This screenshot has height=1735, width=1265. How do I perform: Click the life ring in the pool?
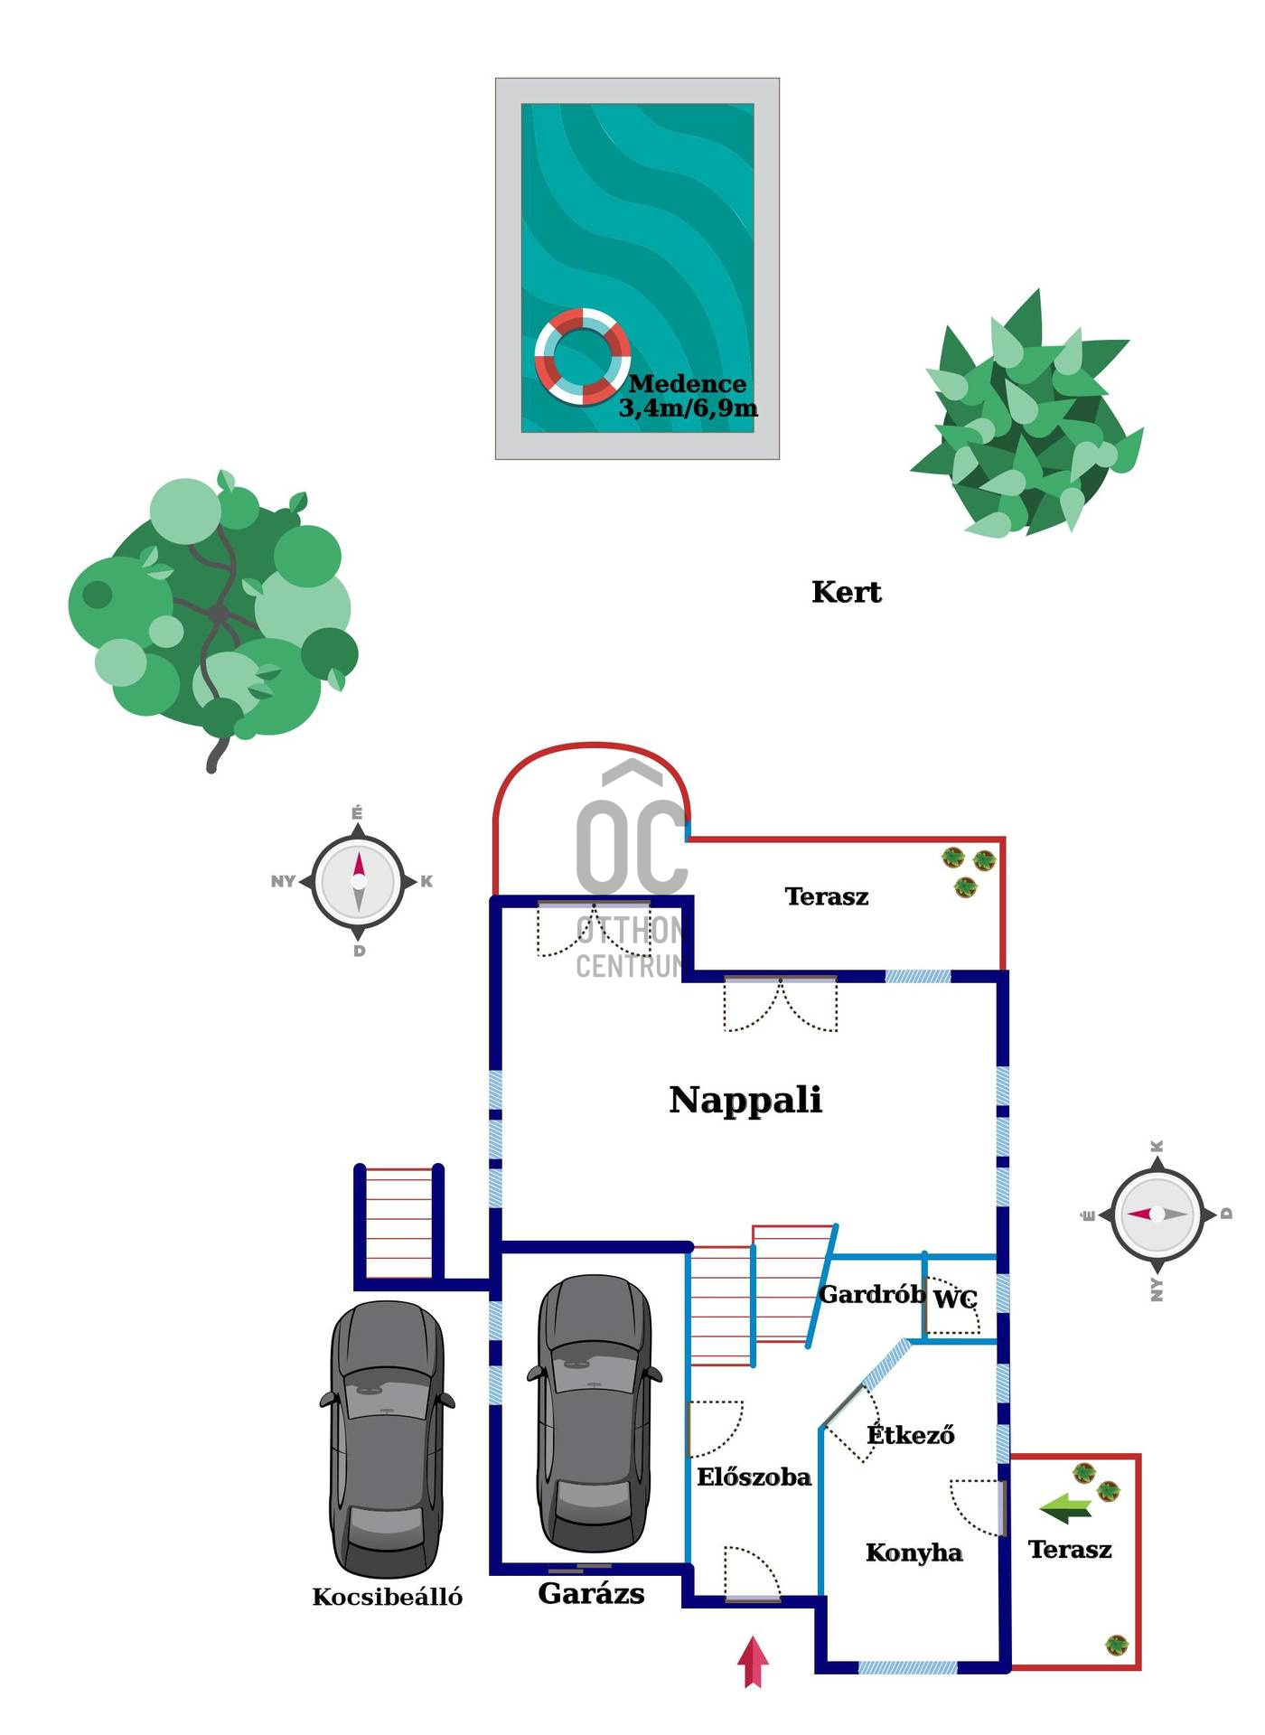pyautogui.click(x=582, y=357)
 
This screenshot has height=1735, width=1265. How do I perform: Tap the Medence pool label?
pyautogui.click(x=688, y=384)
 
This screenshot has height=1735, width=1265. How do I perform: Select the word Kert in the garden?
pyautogui.click(x=846, y=592)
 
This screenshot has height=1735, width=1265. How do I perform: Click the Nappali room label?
pyautogui.click(x=745, y=1100)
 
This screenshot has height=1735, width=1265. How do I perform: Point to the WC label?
pyautogui.click(x=954, y=1299)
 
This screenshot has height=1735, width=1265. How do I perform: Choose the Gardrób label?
pyautogui.click(x=871, y=1294)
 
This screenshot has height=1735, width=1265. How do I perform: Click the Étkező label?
pyautogui.click(x=910, y=1435)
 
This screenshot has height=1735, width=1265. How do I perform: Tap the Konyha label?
pyautogui.click(x=914, y=1552)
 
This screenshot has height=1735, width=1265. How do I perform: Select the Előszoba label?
pyautogui.click(x=754, y=1477)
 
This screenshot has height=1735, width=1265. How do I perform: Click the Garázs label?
pyautogui.click(x=591, y=1593)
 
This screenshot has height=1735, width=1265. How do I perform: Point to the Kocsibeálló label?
pyautogui.click(x=387, y=1597)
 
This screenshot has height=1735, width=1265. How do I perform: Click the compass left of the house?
pyautogui.click(x=358, y=882)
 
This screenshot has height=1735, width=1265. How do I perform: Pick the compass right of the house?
pyautogui.click(x=1157, y=1214)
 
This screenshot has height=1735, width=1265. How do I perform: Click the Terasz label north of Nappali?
pyautogui.click(x=826, y=896)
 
